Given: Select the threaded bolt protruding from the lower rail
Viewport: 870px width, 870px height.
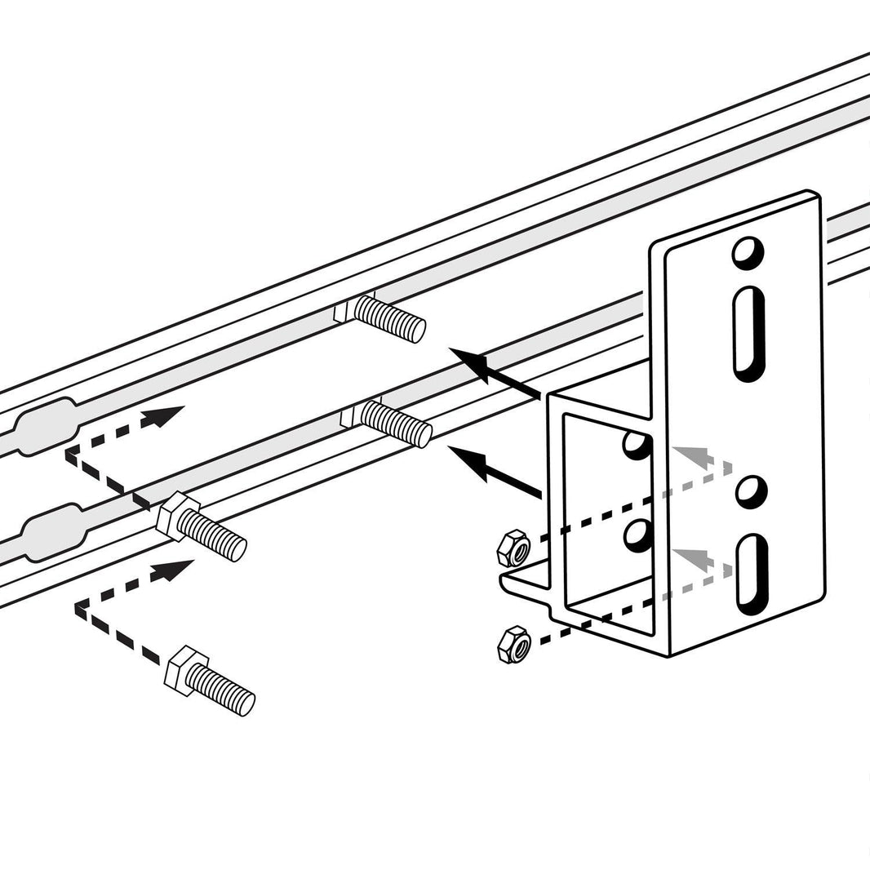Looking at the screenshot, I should tap(397, 423).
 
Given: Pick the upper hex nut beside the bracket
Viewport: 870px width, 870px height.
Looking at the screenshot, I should tap(513, 548).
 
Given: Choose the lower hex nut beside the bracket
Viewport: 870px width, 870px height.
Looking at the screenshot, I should tap(514, 644).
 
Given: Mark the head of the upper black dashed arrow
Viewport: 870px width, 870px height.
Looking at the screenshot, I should tap(166, 415).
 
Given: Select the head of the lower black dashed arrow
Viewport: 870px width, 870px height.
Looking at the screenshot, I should tap(176, 568).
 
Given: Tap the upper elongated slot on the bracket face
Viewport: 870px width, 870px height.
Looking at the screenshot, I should tap(749, 332).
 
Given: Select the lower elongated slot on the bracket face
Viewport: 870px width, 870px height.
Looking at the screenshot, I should tap(751, 574).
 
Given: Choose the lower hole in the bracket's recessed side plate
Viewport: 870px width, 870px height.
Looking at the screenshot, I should tap(638, 535).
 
